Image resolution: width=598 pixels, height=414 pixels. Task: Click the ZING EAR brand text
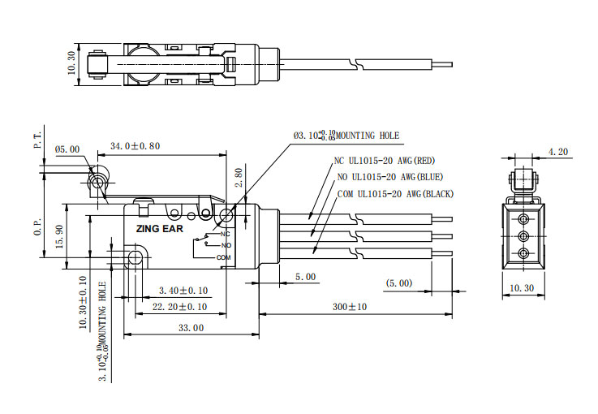(x=159, y=229)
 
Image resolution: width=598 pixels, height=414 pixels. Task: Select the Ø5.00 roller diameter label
(x=67, y=149)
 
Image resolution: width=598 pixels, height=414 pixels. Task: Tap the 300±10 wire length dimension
(x=350, y=307)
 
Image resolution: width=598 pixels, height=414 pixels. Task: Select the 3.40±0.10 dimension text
(x=183, y=290)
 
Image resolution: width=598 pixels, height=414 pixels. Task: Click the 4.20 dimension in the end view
(x=558, y=152)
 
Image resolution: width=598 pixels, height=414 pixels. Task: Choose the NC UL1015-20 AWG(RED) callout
(x=385, y=161)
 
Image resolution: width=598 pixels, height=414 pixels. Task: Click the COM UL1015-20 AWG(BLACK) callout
(x=395, y=193)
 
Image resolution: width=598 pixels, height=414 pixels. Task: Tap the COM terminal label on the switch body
(x=224, y=257)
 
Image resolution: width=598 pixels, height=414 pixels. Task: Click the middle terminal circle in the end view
(x=523, y=236)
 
